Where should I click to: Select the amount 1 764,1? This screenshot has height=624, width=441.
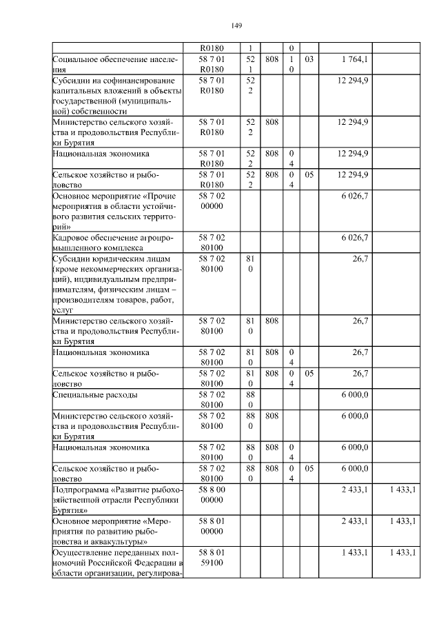(x=354, y=60)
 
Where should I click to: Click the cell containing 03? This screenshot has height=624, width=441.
(x=309, y=60)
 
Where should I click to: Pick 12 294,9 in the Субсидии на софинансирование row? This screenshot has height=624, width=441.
(x=353, y=81)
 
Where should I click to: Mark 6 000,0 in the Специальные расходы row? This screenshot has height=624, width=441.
(x=354, y=395)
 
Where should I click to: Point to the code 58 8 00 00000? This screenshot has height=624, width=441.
(x=212, y=495)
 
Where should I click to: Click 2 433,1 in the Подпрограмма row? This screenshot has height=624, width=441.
(x=354, y=490)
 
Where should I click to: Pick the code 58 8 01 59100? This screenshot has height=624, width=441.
(x=212, y=557)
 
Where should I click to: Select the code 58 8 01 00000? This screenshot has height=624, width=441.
(x=212, y=527)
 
